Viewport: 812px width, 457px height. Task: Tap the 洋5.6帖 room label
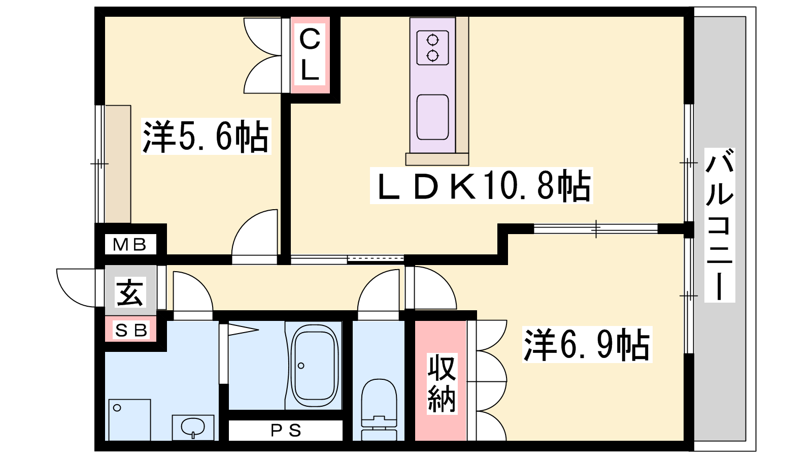206,137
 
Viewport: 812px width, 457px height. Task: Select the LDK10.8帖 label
481,185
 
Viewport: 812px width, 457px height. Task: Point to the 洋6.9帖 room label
587,344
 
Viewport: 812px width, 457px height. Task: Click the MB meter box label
130,245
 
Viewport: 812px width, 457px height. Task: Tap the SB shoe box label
130,330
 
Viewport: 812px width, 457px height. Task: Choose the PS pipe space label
286,431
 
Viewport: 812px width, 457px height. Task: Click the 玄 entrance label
130,292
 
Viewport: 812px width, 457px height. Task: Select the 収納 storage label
442,384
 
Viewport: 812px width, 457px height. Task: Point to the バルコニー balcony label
720,225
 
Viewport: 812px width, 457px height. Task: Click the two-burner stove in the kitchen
432,48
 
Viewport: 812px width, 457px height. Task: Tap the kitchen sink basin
432,117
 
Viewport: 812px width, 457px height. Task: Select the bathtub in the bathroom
315,366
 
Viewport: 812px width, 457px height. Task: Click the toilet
379,409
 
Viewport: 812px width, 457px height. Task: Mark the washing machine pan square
129,419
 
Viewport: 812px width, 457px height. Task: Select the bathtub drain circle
301,366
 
